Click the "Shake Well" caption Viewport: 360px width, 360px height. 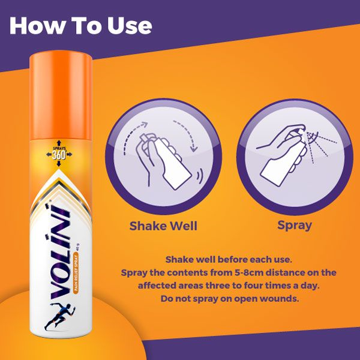coord(164,226)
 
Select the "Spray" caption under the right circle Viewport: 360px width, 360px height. coord(295,226)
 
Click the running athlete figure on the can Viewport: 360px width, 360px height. coord(53,316)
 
